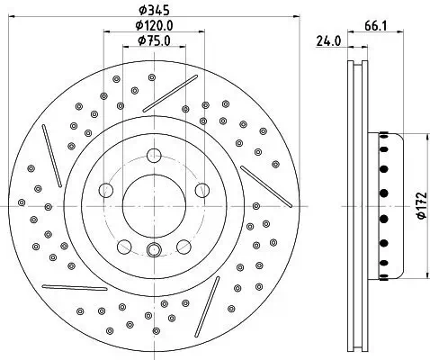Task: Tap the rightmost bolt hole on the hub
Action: pos(203,190)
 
